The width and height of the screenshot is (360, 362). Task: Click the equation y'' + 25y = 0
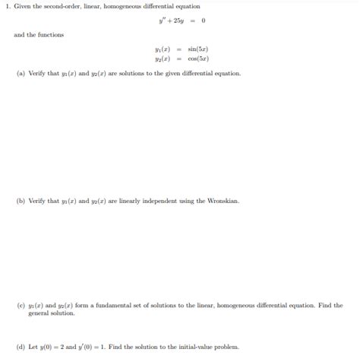pos(179,21)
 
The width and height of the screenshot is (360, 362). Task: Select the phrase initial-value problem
pos(212,347)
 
